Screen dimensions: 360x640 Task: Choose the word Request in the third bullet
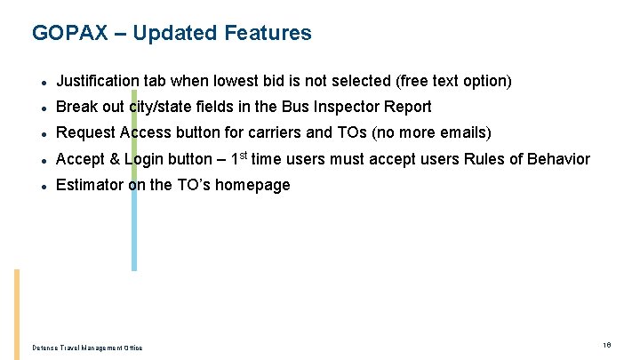(x=85, y=132)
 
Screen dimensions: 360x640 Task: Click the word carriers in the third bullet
(x=265, y=132)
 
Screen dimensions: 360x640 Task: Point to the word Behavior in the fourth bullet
(x=558, y=159)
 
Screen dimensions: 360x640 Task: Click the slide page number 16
(x=606, y=345)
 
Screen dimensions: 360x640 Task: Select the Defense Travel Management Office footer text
(x=86, y=348)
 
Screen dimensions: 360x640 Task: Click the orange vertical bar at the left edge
(x=16, y=315)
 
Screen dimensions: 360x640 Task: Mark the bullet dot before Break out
(x=43, y=108)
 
